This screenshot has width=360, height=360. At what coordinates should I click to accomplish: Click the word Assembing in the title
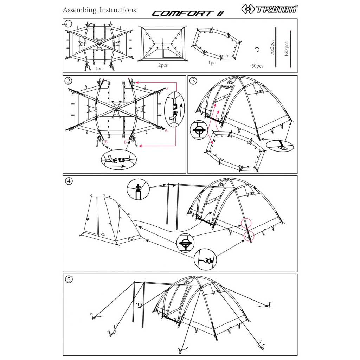(x=79, y=10)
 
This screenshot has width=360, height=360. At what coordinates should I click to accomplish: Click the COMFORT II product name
(x=188, y=13)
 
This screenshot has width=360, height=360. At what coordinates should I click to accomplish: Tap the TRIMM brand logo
(x=269, y=9)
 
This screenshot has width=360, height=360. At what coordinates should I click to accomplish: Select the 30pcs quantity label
(x=257, y=66)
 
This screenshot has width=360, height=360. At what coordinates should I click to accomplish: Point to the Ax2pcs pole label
(x=272, y=47)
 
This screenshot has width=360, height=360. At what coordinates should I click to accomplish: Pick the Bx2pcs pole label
(x=286, y=49)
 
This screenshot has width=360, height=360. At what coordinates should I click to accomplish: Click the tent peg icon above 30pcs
(x=257, y=54)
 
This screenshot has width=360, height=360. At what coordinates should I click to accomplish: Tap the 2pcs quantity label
(x=163, y=65)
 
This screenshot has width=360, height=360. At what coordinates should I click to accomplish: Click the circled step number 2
(x=69, y=81)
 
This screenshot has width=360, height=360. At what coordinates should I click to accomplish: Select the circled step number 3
(x=193, y=81)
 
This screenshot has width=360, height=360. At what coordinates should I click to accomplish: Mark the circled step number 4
(x=69, y=181)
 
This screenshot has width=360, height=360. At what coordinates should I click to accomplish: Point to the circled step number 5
(x=69, y=279)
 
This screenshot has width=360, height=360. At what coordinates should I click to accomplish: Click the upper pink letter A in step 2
(x=167, y=89)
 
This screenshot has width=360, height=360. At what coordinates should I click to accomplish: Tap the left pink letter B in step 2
(x=106, y=142)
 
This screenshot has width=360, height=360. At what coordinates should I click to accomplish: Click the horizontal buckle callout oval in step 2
(x=119, y=160)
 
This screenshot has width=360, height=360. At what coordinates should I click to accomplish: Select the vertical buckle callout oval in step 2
(x=174, y=109)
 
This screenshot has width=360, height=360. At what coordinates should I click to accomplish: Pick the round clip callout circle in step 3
(x=199, y=130)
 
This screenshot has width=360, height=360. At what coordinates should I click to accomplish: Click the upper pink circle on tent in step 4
(x=246, y=223)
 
